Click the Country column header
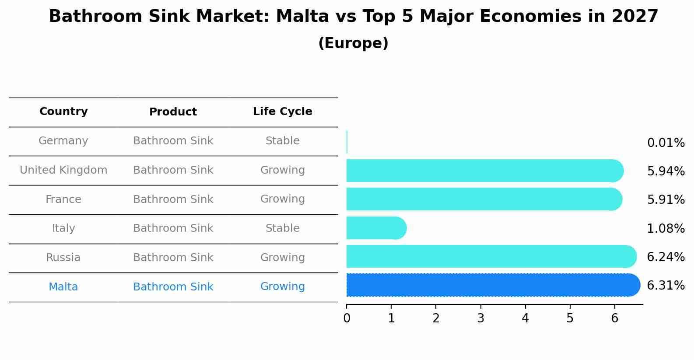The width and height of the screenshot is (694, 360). pos(63,112)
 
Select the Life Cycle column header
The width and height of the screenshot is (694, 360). pos(282,112)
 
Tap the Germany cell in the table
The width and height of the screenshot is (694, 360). pos(63,141)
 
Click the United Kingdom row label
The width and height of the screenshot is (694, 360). pos(63,170)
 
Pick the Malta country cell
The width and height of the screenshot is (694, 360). pos(63,287)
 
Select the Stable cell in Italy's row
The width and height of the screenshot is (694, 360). pos(282,228)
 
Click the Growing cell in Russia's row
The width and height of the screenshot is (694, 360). pos(282,258)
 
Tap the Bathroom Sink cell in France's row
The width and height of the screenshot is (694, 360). pos(173,199)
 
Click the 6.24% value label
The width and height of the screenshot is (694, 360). pos(666,257)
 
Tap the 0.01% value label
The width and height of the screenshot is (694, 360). pos(666,143)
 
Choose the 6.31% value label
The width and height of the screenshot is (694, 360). pos(666,286)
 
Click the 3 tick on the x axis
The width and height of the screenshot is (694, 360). pos(480,318)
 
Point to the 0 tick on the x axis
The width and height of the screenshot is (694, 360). pos(347,318)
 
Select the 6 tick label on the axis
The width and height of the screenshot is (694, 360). pos(614,318)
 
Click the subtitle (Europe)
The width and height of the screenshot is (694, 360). pos(353,43)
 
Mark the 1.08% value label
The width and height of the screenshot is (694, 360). pos(666,228)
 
